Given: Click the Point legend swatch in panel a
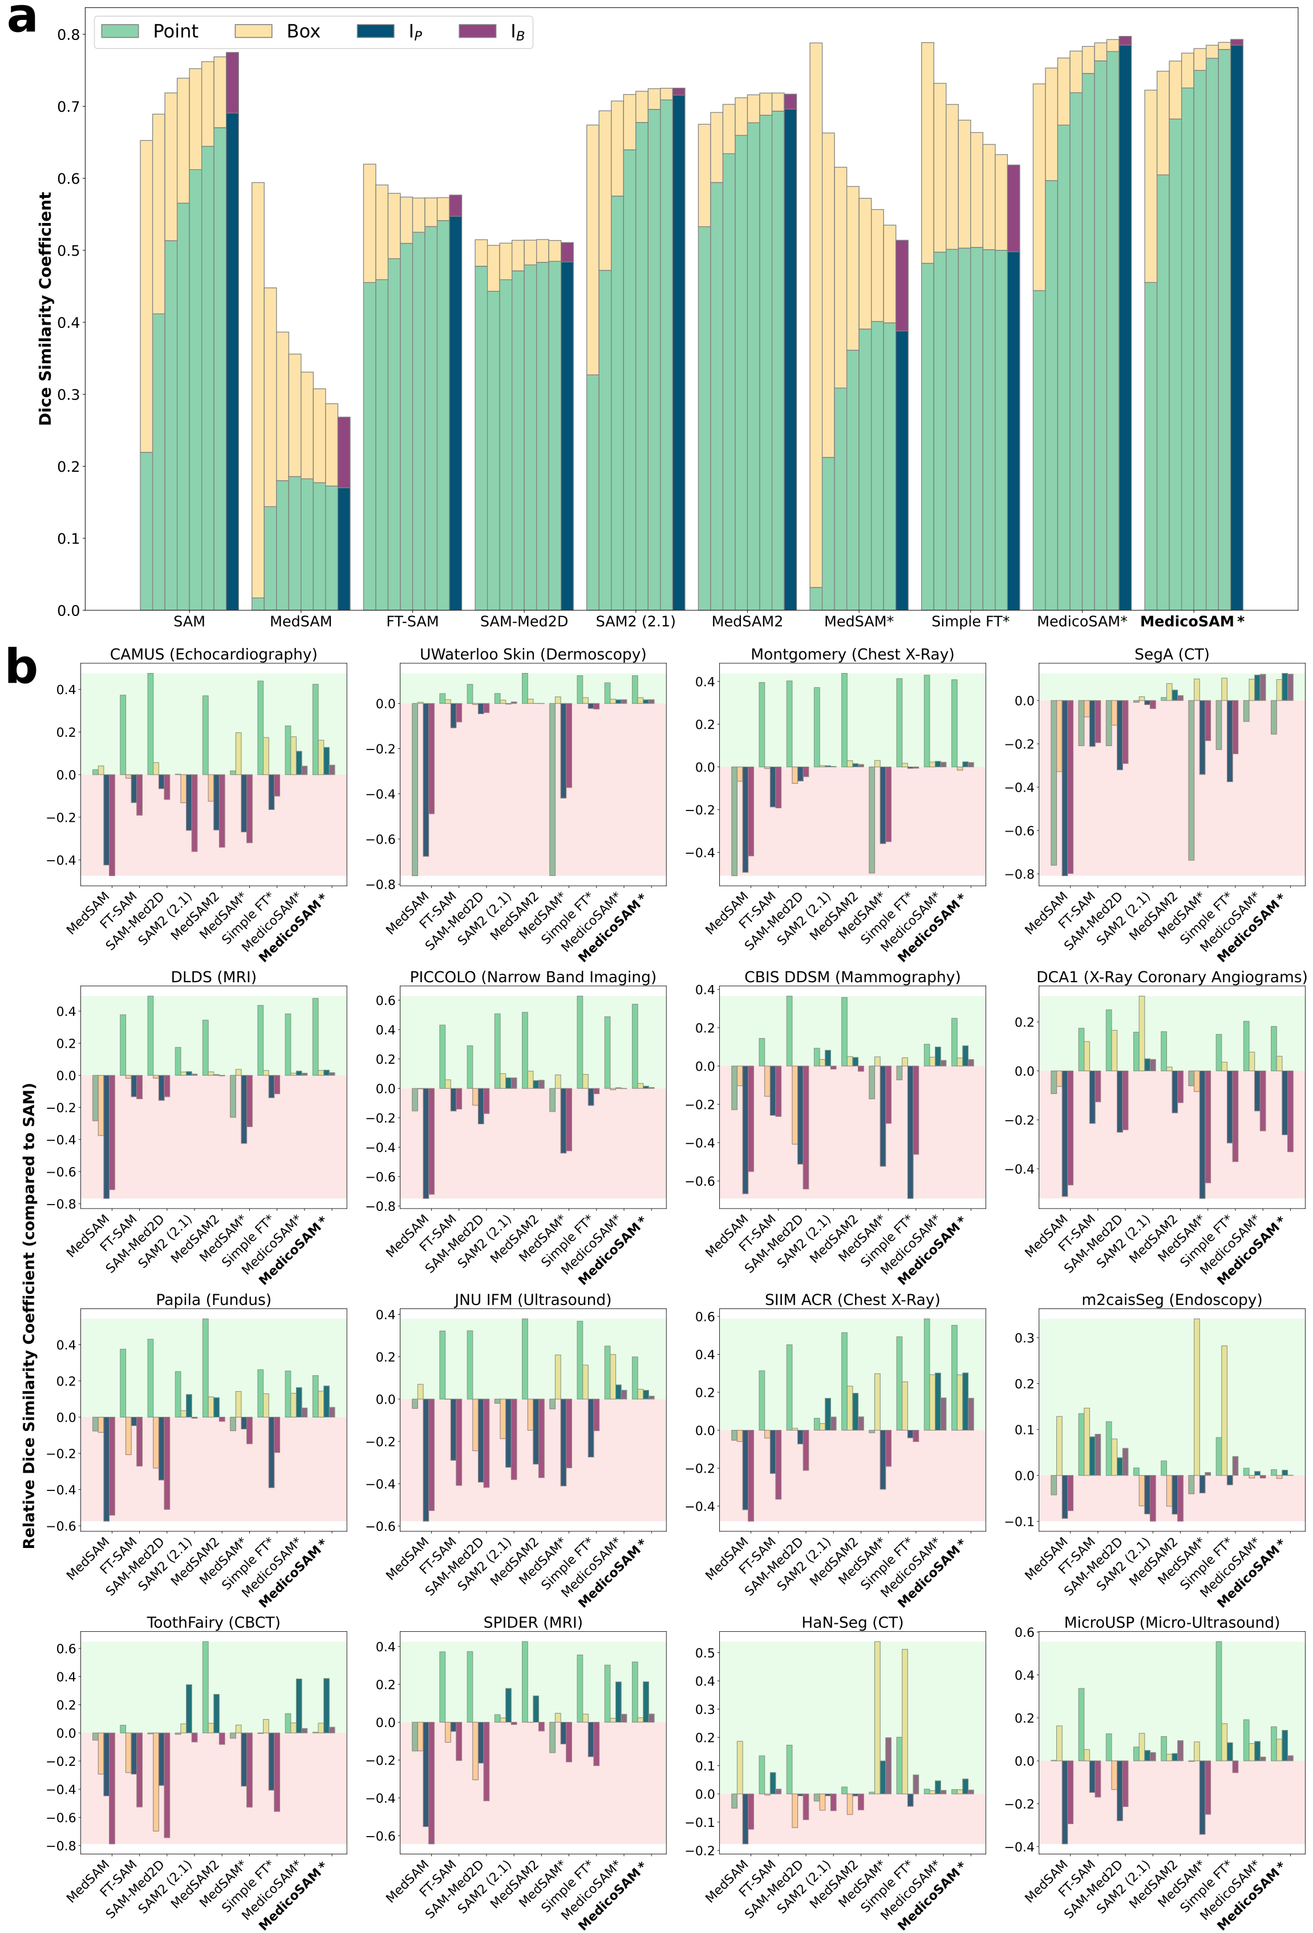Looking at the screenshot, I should [x=120, y=31].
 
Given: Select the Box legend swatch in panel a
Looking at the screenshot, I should [x=254, y=31].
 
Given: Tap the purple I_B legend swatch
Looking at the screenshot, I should [x=477, y=31].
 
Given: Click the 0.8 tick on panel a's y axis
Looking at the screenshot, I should [x=69, y=35].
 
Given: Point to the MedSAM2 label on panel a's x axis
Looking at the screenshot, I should [x=747, y=621].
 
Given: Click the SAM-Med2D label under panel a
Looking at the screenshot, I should [x=524, y=621].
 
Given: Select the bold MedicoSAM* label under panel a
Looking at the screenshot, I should [x=1192, y=621].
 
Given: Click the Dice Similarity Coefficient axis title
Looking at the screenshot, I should [x=46, y=309].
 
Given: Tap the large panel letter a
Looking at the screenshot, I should [x=22, y=18].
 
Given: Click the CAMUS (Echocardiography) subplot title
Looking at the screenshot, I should [x=214, y=655].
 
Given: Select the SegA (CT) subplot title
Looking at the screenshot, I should [x=1172, y=655].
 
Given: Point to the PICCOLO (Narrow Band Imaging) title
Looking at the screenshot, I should [x=533, y=977].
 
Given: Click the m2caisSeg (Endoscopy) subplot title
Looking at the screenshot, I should [x=1172, y=1300].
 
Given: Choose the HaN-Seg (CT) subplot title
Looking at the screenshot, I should [x=852, y=1623].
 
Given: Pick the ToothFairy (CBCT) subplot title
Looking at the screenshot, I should [x=214, y=1623].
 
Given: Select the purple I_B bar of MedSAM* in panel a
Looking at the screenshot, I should [x=901, y=285].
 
